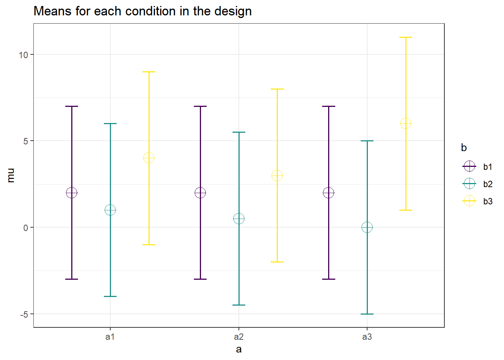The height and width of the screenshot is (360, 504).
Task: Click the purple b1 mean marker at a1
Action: [72, 193]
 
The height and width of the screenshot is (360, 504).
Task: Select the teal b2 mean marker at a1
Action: [110, 210]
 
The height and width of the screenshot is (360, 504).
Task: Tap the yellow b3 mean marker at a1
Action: [149, 158]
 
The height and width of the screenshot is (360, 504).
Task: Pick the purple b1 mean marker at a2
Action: [200, 193]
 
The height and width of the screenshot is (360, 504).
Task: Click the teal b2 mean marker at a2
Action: [239, 219]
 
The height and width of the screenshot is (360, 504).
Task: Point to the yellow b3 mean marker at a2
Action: [277, 175]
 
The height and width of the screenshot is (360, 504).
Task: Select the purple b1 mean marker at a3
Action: [328, 193]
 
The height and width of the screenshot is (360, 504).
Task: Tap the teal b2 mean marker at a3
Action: [367, 227]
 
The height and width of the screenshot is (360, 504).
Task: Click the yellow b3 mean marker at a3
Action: [406, 123]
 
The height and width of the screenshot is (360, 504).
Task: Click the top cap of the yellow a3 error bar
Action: [406, 37]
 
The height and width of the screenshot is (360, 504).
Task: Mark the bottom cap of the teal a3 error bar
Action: [367, 314]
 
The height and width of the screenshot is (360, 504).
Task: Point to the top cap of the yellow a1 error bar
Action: [149, 72]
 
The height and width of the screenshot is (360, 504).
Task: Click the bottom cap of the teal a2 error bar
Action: [239, 305]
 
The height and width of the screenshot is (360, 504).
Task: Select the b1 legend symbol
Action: [469, 166]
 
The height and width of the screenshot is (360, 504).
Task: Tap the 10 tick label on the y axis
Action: [24, 55]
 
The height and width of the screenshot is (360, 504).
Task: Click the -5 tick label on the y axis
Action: [24, 314]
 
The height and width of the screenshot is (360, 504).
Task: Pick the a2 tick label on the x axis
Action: [239, 337]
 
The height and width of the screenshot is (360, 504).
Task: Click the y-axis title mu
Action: [11, 175]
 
